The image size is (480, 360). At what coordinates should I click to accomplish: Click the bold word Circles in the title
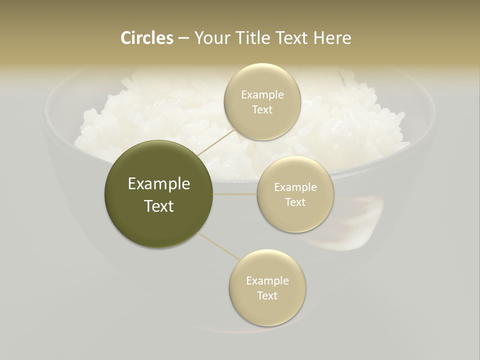(146, 38)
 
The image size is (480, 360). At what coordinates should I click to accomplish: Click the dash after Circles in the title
(183, 38)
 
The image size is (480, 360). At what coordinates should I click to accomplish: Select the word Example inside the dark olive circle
(159, 184)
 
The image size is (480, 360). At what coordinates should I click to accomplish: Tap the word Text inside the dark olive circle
(159, 206)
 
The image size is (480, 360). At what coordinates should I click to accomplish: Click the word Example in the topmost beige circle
(262, 95)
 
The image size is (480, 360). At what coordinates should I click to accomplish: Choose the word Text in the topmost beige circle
(262, 110)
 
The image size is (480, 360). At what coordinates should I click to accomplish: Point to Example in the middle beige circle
(295, 187)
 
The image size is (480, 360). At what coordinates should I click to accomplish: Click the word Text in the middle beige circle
(295, 202)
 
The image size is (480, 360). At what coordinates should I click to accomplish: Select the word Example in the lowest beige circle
(267, 281)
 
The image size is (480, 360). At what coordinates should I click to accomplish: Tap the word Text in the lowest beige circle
(267, 296)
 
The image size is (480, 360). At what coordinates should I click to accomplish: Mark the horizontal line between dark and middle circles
(235, 194)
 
